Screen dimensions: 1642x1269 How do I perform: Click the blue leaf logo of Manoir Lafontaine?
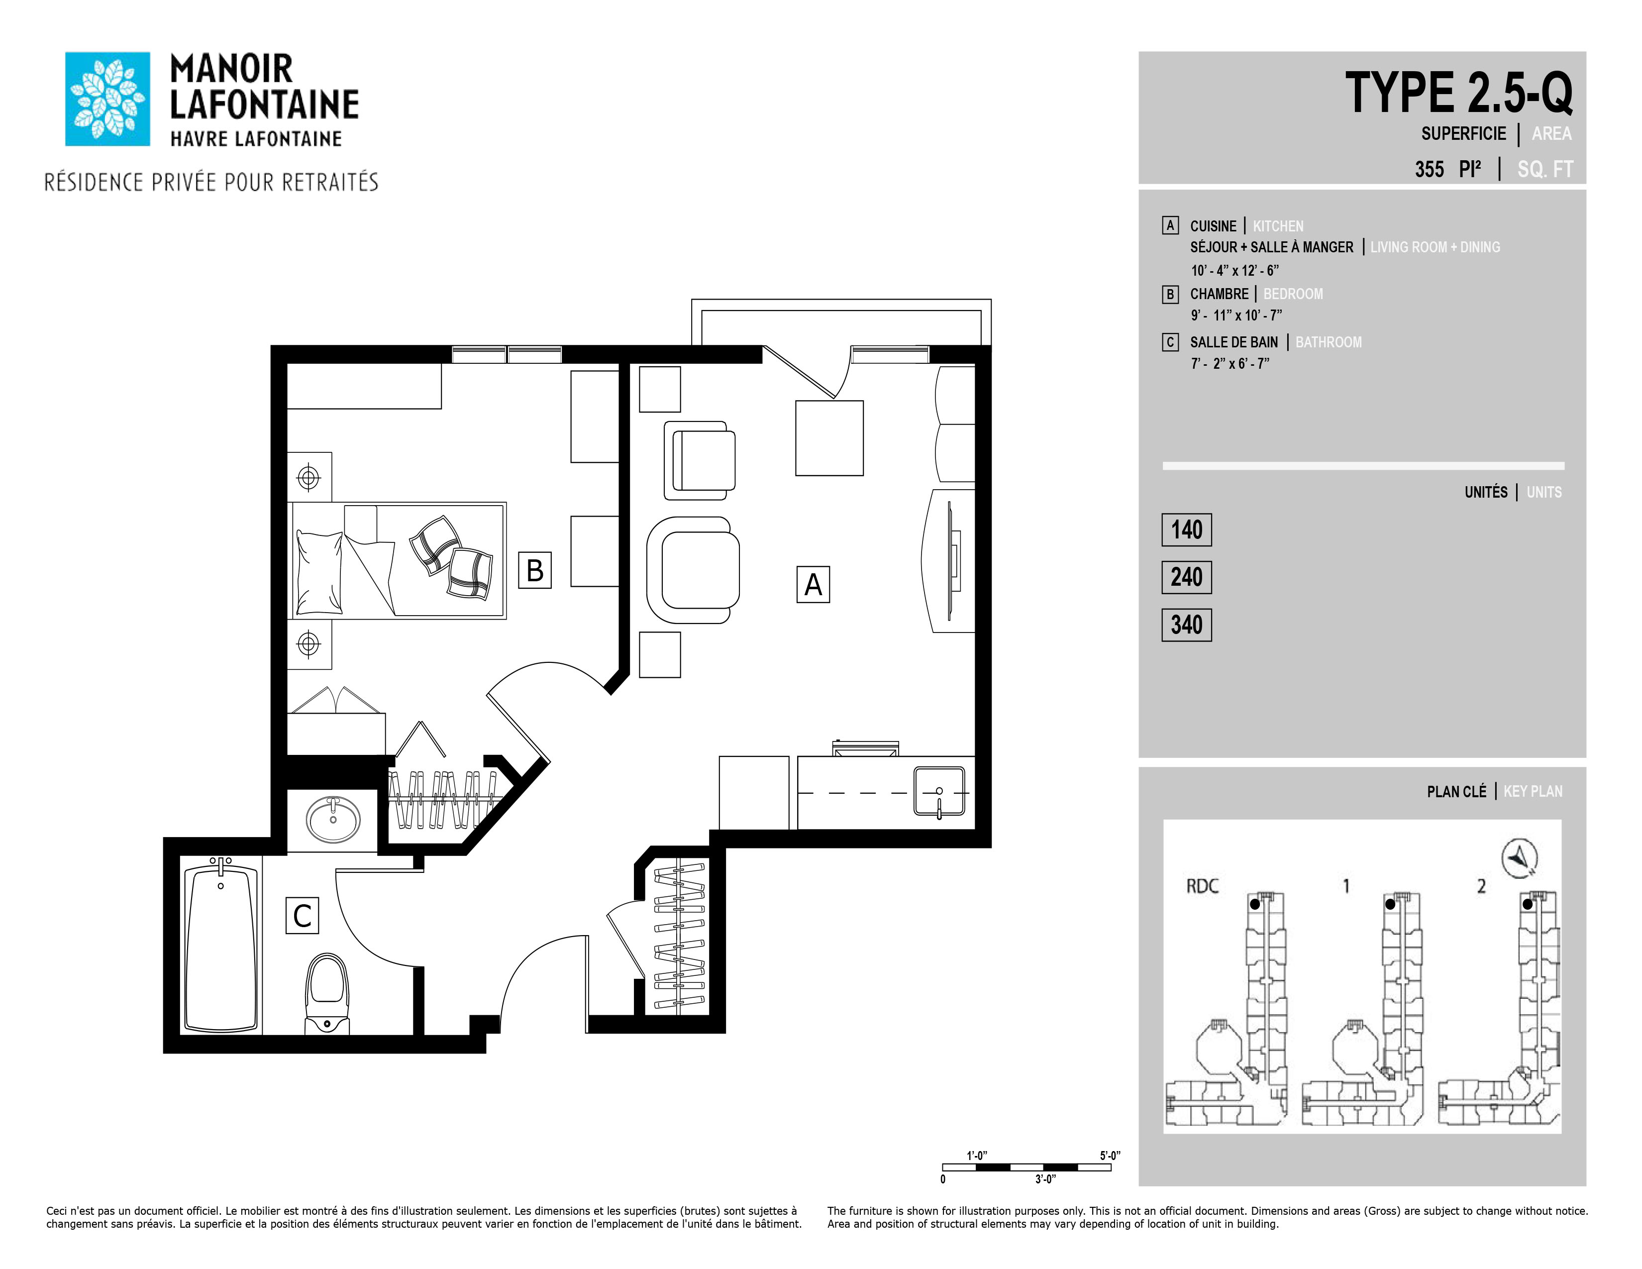[x=107, y=99]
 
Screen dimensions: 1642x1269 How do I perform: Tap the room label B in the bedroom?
[x=534, y=570]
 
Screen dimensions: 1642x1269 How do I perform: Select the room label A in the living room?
[x=813, y=584]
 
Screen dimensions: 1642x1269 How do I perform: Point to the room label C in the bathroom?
[x=302, y=916]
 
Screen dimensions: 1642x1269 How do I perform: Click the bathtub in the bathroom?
[x=221, y=947]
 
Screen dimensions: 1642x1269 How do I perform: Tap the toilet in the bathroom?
[x=327, y=994]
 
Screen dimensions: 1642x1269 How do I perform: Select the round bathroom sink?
[x=333, y=820]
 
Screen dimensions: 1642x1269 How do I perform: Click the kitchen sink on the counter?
[x=939, y=791]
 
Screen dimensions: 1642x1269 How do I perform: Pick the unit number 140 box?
[x=1186, y=530]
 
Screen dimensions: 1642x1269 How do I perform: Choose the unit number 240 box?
[x=1186, y=577]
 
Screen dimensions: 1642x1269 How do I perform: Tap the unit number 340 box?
[x=1186, y=625]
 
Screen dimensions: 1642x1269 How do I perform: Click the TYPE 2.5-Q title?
[x=1458, y=93]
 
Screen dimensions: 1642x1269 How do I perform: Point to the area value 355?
[x=1429, y=169]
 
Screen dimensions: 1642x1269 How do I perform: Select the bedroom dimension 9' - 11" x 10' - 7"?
[x=1236, y=316]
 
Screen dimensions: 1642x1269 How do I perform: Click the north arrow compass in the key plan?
[x=1520, y=858]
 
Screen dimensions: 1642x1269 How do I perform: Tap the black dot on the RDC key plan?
[x=1255, y=904]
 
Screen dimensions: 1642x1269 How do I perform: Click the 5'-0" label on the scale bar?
[x=1110, y=1156]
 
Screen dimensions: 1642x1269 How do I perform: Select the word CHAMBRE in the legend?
[x=1219, y=294]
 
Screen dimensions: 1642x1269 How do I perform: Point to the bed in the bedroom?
[x=397, y=561]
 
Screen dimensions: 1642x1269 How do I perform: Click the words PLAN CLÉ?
[x=1456, y=792]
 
